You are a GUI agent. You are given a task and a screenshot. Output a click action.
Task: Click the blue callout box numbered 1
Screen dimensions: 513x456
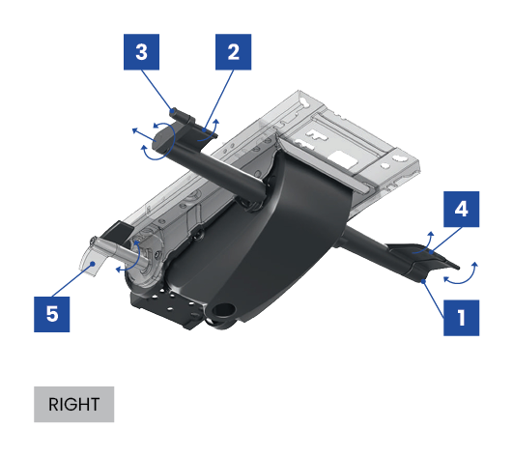point(461,318)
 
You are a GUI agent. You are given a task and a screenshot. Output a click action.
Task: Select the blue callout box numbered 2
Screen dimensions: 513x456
point(233,51)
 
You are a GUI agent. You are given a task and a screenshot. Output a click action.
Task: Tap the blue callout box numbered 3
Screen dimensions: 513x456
point(141,51)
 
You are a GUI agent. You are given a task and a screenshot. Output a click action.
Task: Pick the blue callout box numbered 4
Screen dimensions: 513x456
point(461,209)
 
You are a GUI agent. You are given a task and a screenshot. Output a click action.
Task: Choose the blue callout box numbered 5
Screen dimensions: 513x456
point(52,314)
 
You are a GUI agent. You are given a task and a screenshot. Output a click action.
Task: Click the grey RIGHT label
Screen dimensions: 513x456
point(74,405)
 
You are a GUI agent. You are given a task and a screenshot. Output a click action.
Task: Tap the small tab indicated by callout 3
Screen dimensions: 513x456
point(181,115)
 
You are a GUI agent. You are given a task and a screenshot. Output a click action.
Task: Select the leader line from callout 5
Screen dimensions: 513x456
point(72,280)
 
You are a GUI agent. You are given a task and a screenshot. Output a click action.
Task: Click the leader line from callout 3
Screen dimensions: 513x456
point(157,91)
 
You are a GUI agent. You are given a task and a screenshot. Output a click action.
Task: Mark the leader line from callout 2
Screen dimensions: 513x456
point(219,100)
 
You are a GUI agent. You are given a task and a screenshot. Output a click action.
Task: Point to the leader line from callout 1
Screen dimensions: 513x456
point(434,299)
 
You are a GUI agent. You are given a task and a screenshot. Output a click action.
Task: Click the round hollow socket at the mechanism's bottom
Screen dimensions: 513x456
point(224,309)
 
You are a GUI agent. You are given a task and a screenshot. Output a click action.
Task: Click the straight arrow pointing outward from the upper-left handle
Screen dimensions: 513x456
point(144,135)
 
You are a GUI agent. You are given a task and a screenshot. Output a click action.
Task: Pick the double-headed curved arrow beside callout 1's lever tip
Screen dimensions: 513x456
point(461,274)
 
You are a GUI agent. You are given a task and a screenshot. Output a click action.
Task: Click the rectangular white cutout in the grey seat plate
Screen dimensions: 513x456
point(342,159)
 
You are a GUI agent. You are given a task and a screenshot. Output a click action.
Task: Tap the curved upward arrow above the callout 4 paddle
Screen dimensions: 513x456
point(424,242)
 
